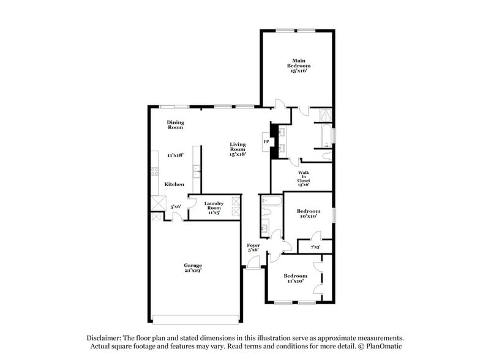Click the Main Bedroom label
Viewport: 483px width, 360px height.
click(298, 62)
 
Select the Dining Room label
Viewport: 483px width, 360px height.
click(176, 125)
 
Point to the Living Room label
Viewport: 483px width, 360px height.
click(238, 147)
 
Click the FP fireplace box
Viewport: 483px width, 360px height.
click(266, 142)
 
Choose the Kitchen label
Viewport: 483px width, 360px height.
click(174, 184)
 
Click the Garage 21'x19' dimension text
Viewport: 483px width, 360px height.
click(193, 270)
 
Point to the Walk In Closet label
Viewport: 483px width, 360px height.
click(304, 176)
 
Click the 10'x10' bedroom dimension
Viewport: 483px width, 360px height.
click(309, 216)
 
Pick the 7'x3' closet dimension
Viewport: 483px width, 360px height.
click(316, 246)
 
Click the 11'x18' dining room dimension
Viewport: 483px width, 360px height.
click(176, 156)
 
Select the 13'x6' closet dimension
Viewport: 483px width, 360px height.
click(304, 184)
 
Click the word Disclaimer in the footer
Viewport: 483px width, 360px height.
click(102, 337)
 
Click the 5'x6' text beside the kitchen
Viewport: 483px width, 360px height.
click(176, 206)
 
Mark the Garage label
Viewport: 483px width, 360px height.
click(193, 265)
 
